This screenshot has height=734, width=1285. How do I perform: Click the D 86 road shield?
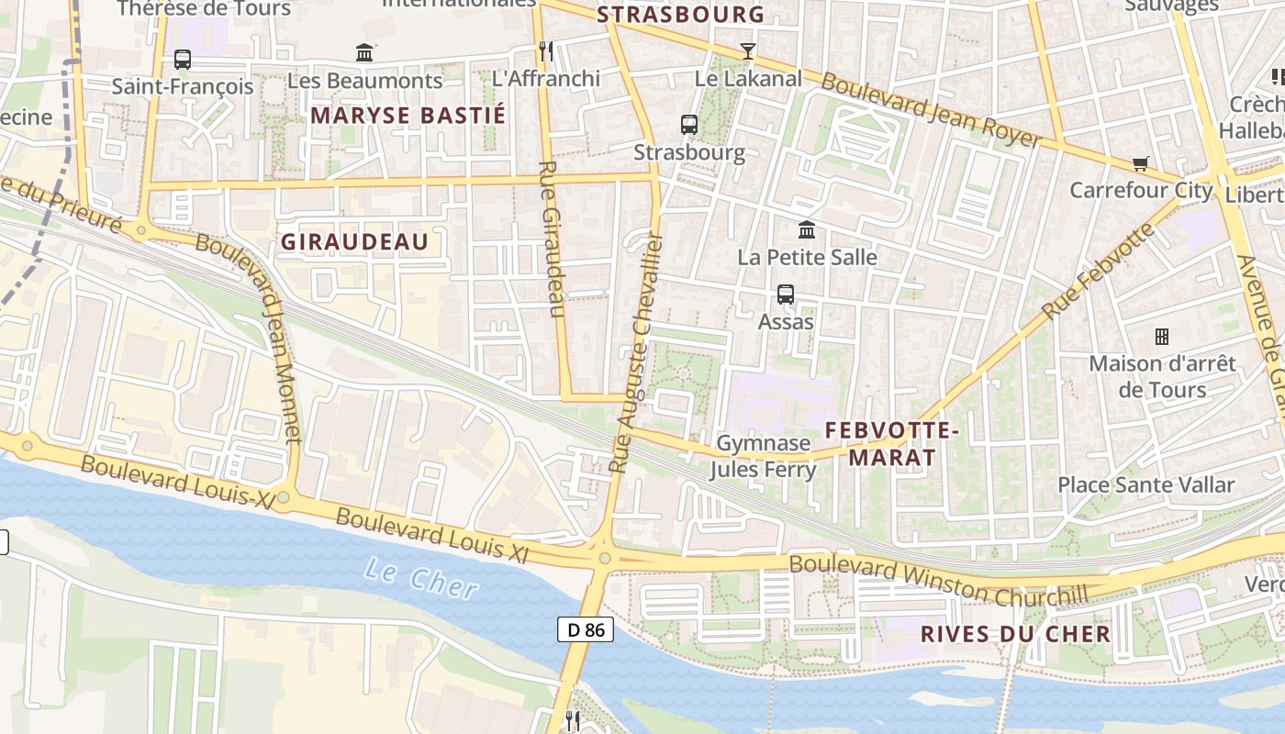point(586,629)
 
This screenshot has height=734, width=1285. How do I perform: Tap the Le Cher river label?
point(420,578)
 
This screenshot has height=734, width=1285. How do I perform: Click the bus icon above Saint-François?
point(183,60)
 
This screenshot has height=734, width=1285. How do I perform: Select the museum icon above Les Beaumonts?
point(364,53)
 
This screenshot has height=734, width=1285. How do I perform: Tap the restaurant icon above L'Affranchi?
point(546,50)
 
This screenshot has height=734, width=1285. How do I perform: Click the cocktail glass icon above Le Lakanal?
point(748,51)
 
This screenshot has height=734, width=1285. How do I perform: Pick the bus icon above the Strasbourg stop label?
point(689,124)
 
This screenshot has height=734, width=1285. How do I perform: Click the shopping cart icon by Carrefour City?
point(1141,163)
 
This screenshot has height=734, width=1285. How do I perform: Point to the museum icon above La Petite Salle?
point(807,229)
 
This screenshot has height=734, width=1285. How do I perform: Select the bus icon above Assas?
point(786,295)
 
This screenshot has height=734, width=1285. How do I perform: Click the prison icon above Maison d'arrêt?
point(1162,337)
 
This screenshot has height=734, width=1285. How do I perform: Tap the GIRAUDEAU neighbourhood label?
point(354,242)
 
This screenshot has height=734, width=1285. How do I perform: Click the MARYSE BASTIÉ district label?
point(408,116)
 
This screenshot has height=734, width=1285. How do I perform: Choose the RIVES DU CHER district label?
point(1015,634)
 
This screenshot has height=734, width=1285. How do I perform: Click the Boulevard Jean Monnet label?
point(250,338)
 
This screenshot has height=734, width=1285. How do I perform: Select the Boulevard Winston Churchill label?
point(938,581)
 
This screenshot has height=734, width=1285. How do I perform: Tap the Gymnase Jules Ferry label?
point(763,457)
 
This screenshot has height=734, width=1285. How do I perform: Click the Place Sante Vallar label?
point(1145,484)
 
